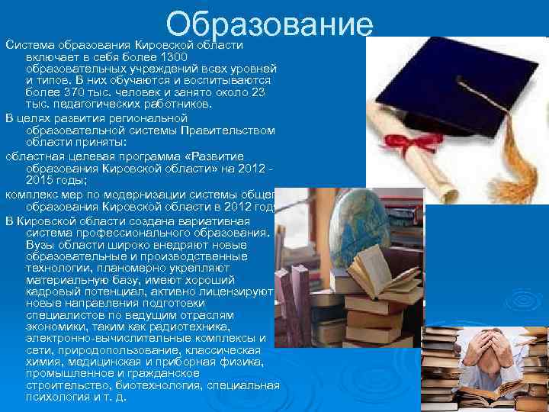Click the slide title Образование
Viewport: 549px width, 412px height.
coord(270,24)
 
